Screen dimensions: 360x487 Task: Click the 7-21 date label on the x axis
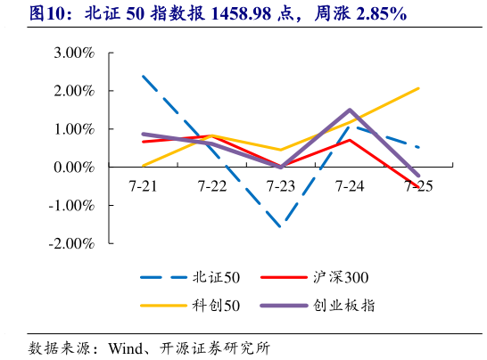(144, 186)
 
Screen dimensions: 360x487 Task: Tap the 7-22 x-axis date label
(212, 186)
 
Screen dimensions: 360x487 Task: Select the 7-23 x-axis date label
(281, 186)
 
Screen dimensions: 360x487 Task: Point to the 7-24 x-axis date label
(350, 186)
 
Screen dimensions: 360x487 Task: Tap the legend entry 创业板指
(343, 306)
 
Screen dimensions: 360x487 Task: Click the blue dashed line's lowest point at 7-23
(281, 226)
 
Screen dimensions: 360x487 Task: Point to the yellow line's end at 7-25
(418, 88)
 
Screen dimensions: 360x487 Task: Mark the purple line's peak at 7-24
(350, 110)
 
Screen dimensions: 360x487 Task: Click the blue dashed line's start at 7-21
(144, 77)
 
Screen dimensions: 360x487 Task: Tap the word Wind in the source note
(125, 347)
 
